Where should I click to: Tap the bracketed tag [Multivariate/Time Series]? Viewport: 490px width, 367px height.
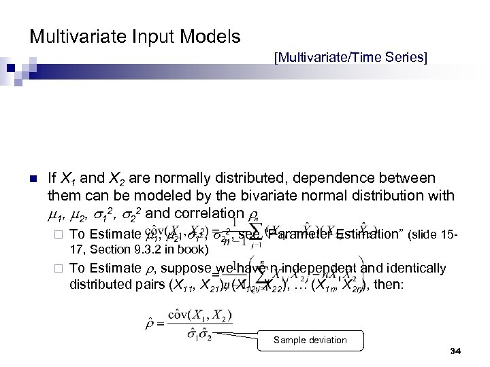click(x=350, y=59)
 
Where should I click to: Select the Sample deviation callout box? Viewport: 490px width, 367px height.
click(x=310, y=340)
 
